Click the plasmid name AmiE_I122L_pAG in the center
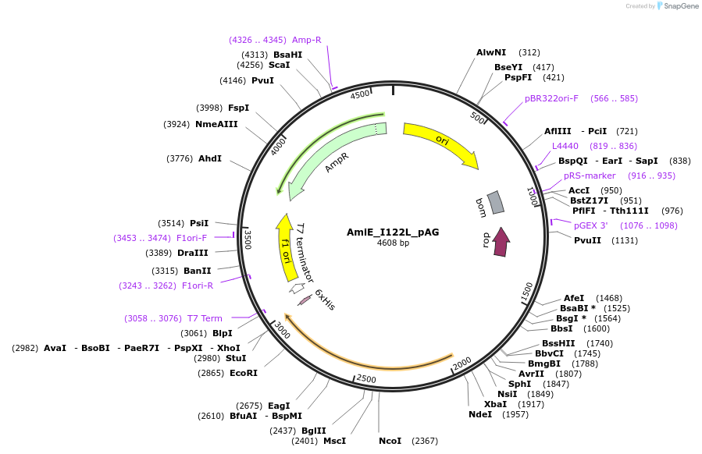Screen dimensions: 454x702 coord(393,232)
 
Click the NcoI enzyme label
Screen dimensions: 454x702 coord(390,441)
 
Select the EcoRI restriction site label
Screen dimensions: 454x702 coord(244,373)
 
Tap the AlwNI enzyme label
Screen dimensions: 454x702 coord(491,52)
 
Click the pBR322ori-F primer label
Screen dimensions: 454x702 coord(552,98)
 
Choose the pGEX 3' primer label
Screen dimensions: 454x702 coord(591,225)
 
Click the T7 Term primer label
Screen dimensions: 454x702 coord(205,318)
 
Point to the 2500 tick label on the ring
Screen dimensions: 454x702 coord(365,380)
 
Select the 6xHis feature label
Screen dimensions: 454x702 coord(325,300)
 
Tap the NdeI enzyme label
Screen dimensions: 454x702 coord(480,414)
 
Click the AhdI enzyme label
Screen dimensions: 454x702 coord(210,158)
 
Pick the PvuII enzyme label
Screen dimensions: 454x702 coord(588,240)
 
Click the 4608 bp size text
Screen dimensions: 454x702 coord(393,243)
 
